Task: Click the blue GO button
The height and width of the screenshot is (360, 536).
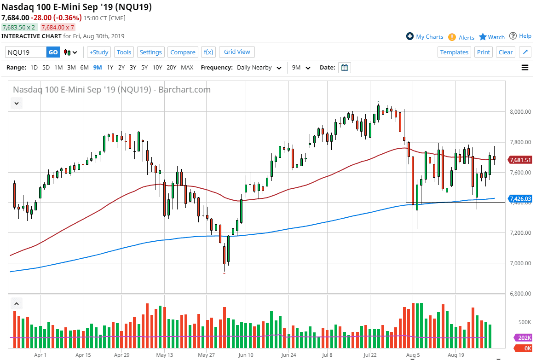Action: click(53, 52)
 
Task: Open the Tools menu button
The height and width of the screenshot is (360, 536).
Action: click(124, 52)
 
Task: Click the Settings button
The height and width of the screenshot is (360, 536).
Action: click(150, 52)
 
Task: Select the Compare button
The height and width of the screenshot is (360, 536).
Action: click(183, 52)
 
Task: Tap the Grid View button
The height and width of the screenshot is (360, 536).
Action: click(237, 52)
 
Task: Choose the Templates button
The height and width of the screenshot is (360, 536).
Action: click(454, 52)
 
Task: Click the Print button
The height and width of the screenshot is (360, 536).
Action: click(484, 52)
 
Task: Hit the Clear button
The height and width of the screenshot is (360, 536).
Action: click(506, 52)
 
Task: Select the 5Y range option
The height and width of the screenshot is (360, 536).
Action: click(144, 68)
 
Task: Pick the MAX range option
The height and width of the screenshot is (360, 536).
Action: click(187, 68)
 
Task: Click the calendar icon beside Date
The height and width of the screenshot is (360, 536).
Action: click(345, 68)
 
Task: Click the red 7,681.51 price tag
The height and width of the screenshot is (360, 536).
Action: click(520, 160)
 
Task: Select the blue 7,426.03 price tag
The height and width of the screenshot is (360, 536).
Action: click(520, 199)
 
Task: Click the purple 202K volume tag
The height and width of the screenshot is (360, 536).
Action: click(523, 337)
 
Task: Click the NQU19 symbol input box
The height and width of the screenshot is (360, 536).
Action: click(26, 52)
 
